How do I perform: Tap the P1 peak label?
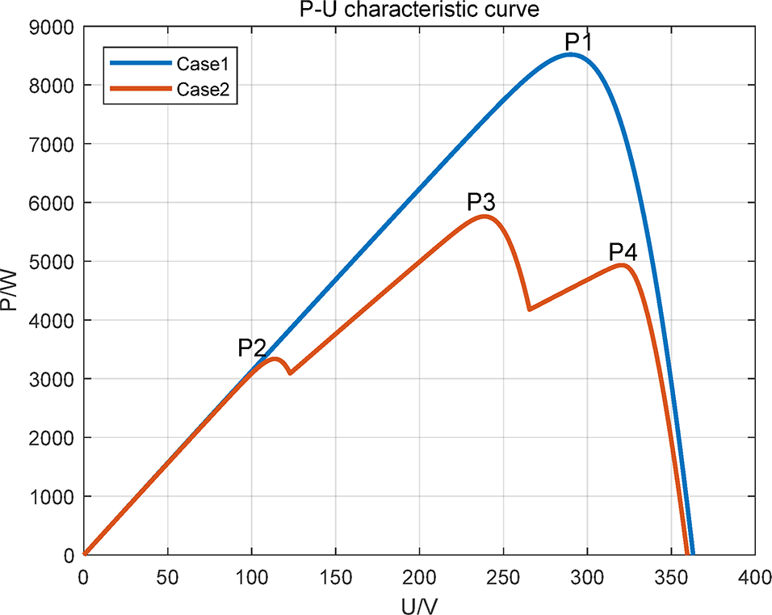(579, 42)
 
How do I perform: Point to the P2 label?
(252, 348)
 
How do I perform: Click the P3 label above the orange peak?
(481, 202)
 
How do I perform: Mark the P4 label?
(623, 252)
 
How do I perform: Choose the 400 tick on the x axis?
(754, 575)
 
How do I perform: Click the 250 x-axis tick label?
(503, 575)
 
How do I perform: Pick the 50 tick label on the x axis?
(167, 575)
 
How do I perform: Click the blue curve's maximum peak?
(571, 55)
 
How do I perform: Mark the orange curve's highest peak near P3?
(485, 217)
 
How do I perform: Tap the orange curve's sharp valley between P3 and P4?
(529, 310)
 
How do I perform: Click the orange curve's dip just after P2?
(289, 373)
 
